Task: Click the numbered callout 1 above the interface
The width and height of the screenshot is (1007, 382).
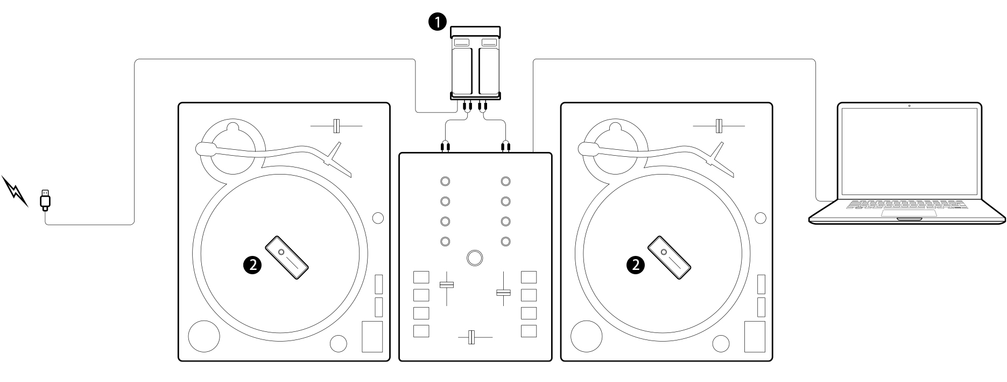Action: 436,22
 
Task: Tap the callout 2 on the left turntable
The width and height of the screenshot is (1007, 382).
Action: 253,264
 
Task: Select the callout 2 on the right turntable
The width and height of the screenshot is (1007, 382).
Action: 636,264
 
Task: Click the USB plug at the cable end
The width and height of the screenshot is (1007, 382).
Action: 46,199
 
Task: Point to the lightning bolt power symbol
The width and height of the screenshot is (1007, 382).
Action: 16,191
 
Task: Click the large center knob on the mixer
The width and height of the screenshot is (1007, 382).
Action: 475,258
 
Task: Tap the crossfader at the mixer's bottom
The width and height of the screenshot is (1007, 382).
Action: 471,337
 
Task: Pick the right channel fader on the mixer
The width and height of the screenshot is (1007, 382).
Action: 503,292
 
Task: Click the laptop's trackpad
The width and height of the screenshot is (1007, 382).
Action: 909,213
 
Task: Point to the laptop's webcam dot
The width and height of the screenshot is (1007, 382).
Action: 909,106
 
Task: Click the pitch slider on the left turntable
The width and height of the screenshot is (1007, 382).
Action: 336,126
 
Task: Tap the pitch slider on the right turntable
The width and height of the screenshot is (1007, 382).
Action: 719,126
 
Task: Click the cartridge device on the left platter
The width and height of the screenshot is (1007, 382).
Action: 288,258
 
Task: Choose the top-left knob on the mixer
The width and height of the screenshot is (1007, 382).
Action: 445,181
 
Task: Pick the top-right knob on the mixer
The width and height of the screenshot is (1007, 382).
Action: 505,181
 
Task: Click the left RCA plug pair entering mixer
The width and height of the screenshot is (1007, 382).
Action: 445,145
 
